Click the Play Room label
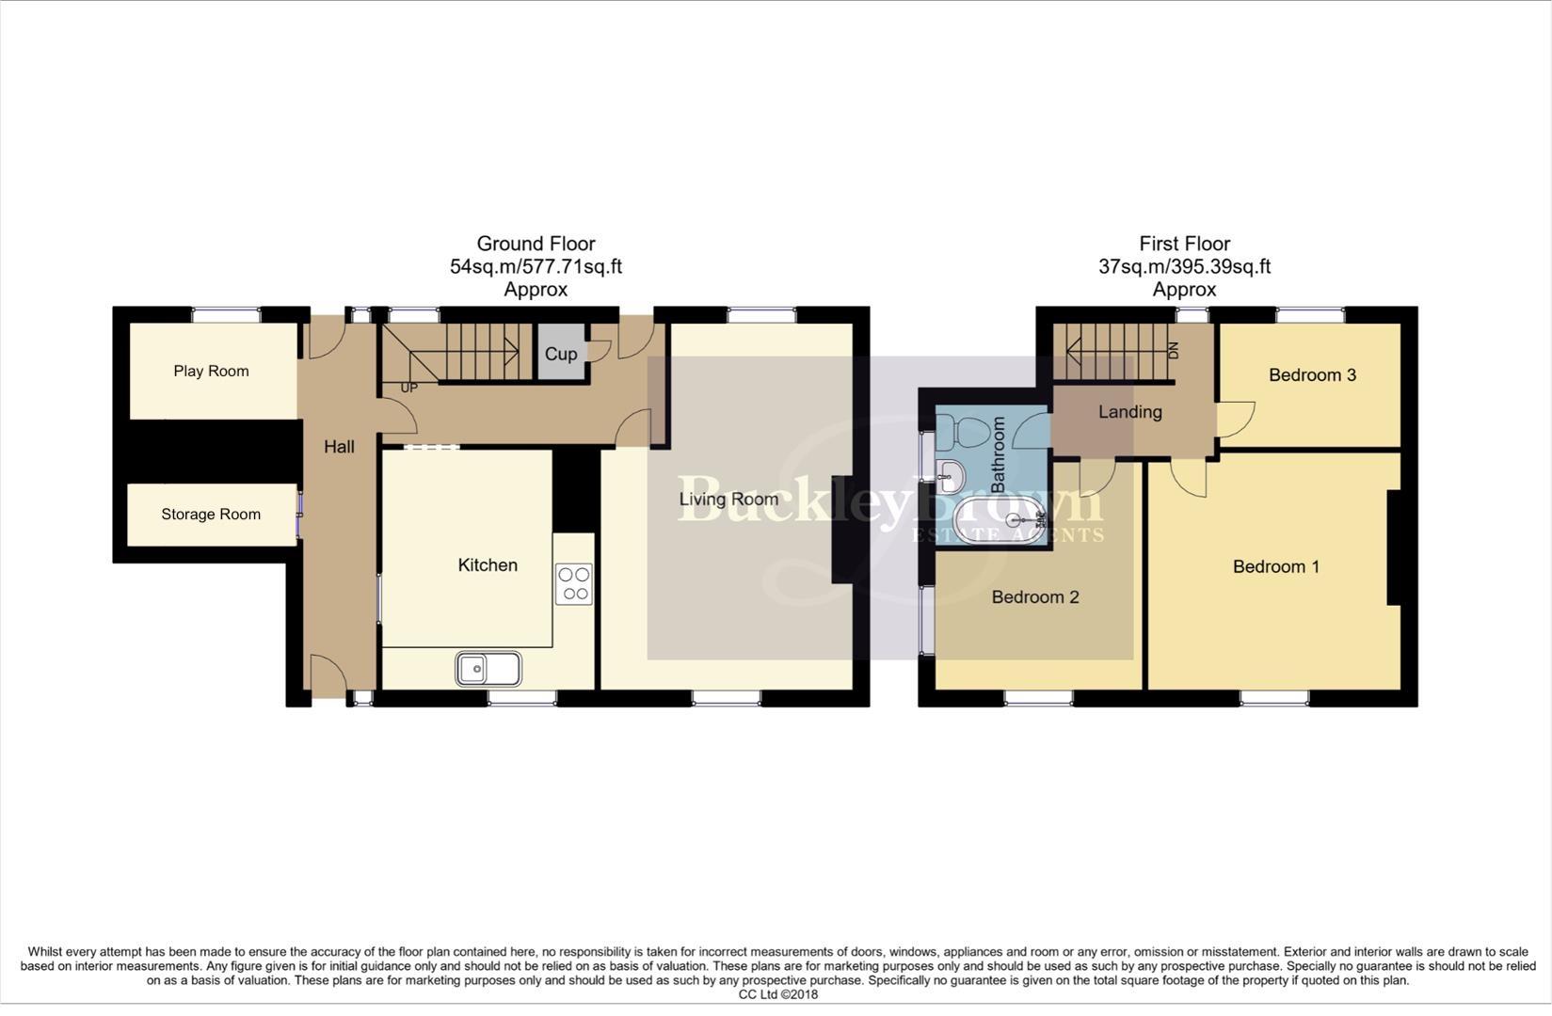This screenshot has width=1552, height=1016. (211, 371)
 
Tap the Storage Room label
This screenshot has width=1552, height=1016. (211, 514)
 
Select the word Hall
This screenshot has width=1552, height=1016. (339, 446)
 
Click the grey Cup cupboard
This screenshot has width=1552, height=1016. (561, 354)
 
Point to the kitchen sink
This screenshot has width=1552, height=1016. (488, 669)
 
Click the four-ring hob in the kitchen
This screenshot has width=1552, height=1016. (573, 583)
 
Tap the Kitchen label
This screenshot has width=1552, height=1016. (488, 564)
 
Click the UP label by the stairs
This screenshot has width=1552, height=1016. (409, 388)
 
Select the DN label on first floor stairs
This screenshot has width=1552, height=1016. (1173, 351)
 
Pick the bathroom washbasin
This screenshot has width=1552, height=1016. (951, 475)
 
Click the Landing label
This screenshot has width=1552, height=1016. (1129, 411)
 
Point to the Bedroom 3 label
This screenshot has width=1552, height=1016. (1312, 374)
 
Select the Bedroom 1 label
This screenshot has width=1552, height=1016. (1275, 566)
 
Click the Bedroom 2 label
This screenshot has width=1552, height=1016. (1034, 596)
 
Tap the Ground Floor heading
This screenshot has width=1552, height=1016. (536, 244)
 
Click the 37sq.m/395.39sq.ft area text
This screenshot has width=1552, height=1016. (1184, 266)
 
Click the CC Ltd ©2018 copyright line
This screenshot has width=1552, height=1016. (777, 994)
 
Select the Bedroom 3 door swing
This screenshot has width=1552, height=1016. (1237, 418)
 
